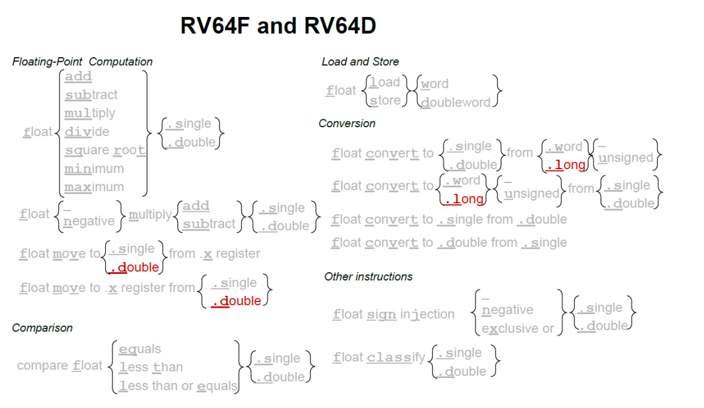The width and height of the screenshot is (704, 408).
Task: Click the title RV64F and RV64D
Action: click(278, 26)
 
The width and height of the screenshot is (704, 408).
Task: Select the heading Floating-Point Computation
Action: click(82, 61)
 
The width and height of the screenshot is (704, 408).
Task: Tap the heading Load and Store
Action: click(360, 61)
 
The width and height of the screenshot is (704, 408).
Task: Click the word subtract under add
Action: click(91, 95)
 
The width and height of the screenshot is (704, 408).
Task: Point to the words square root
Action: click(105, 150)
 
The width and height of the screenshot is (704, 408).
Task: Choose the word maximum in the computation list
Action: click(94, 187)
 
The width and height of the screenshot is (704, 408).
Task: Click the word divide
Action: click(86, 132)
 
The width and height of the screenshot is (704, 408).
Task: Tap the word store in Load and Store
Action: click(385, 100)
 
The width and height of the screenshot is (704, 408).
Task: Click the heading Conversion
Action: click(347, 123)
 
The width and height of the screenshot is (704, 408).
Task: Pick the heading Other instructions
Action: click(368, 276)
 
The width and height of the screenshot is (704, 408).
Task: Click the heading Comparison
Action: click(42, 328)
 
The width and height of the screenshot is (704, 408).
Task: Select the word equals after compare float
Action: click(140, 349)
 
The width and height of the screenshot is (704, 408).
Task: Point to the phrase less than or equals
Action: click(178, 386)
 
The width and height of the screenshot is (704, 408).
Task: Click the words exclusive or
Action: click(518, 328)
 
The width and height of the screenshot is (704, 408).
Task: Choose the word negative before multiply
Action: click(89, 221)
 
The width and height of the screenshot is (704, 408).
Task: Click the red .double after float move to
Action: click(135, 268)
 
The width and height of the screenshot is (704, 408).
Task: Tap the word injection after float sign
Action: click(427, 314)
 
